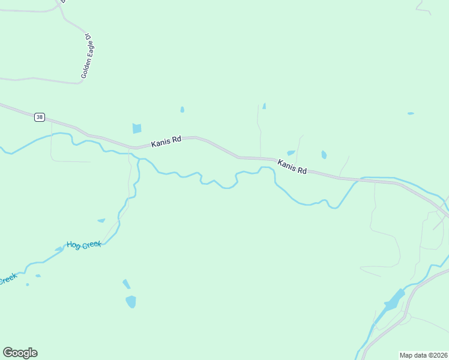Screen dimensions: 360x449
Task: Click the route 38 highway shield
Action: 40,117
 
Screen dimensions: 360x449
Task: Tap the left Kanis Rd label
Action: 166,142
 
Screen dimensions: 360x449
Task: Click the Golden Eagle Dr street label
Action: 88,56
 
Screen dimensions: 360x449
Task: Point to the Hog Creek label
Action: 84,245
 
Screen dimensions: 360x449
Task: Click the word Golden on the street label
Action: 85,70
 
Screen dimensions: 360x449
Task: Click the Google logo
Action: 20,353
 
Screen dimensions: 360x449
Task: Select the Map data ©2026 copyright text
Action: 423,355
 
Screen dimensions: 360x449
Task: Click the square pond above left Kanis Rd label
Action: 137,128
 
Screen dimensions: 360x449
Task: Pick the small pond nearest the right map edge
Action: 411,113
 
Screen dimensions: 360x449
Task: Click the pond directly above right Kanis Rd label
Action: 291,153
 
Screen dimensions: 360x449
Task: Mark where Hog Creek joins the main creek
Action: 138,160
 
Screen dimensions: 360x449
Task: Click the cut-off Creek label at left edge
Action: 7,280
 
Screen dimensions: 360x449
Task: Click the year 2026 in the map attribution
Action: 439,355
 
